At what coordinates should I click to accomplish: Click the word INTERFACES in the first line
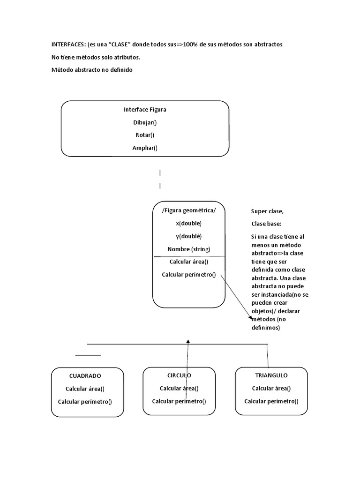(x=68, y=44)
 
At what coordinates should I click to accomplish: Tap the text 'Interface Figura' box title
(x=145, y=109)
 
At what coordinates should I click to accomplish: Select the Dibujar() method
(x=145, y=122)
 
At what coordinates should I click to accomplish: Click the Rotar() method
(x=145, y=135)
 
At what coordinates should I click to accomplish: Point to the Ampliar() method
(x=145, y=148)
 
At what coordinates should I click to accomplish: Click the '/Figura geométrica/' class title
(x=189, y=210)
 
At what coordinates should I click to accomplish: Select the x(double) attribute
(x=189, y=223)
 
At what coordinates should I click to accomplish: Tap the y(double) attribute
(x=189, y=236)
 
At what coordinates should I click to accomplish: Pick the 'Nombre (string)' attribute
(x=189, y=249)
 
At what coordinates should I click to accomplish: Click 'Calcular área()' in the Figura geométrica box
(x=189, y=262)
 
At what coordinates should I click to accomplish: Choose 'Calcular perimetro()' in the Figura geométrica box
(x=189, y=275)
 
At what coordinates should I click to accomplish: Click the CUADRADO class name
(x=85, y=375)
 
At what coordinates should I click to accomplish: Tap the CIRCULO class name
(x=179, y=375)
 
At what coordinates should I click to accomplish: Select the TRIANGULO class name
(x=271, y=375)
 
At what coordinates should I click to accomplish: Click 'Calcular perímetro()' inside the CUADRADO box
(x=85, y=401)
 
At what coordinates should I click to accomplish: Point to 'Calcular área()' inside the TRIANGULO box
(x=271, y=388)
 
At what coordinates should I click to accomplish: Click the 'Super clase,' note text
(x=267, y=211)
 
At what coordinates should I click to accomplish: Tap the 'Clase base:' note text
(x=266, y=224)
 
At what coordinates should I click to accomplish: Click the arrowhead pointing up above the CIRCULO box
(x=187, y=342)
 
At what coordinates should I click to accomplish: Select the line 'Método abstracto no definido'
(x=92, y=70)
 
